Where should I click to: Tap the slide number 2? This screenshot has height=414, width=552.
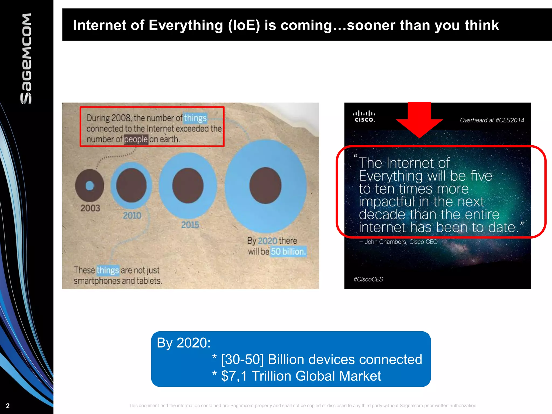click(8, 406)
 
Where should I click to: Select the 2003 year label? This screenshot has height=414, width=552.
click(90, 208)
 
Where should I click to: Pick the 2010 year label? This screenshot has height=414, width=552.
click(132, 215)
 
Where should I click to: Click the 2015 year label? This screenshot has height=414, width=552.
click(190, 225)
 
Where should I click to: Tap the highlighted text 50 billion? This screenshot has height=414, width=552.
click(288, 251)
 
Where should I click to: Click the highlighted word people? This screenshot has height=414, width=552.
click(136, 139)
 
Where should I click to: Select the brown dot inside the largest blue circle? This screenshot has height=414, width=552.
click(265, 185)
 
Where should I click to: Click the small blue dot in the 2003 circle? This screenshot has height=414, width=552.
click(90, 185)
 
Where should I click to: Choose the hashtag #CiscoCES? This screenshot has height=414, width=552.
click(368, 279)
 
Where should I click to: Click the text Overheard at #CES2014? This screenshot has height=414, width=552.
click(492, 120)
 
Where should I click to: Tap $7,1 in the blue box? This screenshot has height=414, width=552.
click(234, 376)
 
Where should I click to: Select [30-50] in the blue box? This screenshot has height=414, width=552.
click(242, 359)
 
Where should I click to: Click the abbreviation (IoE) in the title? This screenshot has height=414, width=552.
click(244, 25)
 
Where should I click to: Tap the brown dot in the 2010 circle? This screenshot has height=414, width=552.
click(131, 185)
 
